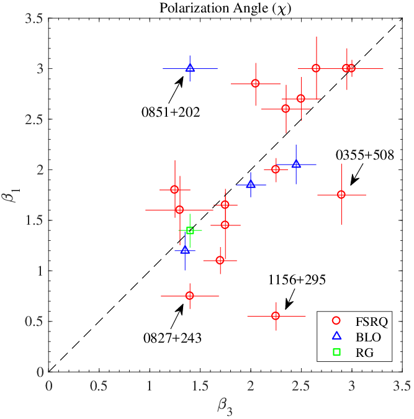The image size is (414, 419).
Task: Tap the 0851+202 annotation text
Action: coord(171,112)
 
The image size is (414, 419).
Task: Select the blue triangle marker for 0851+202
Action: coord(190,68)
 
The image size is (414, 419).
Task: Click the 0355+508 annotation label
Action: coord(365,155)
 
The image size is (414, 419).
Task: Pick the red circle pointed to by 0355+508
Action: coord(341,194)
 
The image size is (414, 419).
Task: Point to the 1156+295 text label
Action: coord(297,280)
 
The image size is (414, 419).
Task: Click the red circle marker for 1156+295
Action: coord(276,316)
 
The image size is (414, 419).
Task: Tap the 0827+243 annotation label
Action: coord(173,338)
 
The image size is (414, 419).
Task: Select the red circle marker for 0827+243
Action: coord(190,295)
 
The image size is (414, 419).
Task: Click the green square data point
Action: coord(190,230)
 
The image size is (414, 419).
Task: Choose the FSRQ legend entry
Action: coord(360,322)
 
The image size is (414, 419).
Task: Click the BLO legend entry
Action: coord(356,337)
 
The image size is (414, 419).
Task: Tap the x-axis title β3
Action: coord(225,407)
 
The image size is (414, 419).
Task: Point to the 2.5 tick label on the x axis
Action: coord(302,386)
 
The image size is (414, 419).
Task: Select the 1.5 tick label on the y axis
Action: coord(34,220)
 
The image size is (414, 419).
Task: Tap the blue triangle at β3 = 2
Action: coord(251,184)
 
